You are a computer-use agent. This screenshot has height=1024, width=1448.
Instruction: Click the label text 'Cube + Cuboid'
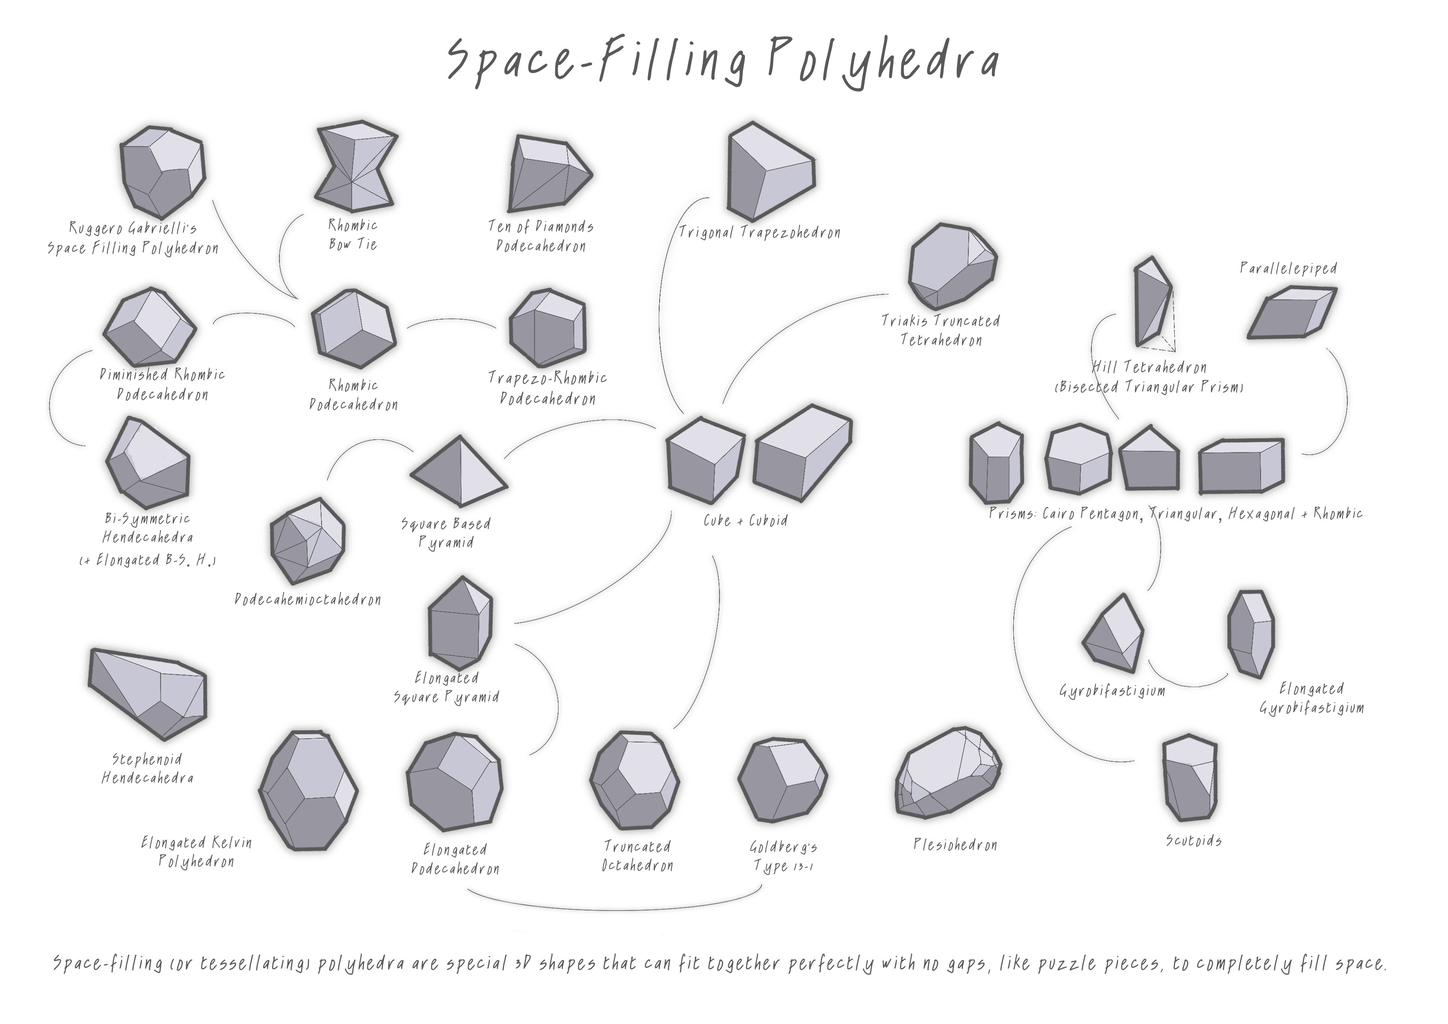[x=745, y=521]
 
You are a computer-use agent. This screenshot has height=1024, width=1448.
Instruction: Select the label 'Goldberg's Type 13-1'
[x=783, y=856]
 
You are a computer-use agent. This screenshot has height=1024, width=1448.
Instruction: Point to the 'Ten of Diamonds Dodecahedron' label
[x=541, y=236]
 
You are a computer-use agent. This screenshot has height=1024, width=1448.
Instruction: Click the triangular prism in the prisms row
[x=1149, y=460]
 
